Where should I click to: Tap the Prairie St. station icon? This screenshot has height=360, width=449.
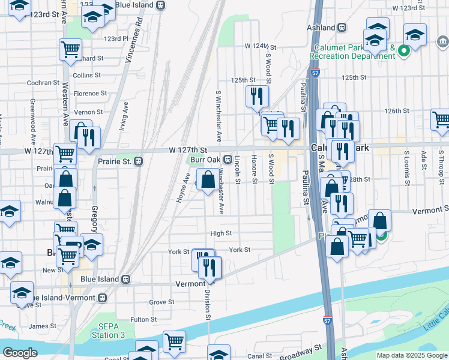tap(138, 161)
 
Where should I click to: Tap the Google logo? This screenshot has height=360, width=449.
tap(20, 352)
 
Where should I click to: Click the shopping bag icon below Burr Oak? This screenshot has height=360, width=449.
tap(208, 181)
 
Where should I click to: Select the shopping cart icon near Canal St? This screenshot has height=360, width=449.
tap(174, 341)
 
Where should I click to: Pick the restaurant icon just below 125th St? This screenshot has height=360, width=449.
tap(257, 97)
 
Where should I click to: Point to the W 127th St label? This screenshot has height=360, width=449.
tap(187, 150)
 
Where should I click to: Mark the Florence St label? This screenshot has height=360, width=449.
tap(90, 94)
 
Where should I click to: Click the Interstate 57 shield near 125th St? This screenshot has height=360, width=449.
tap(315, 73)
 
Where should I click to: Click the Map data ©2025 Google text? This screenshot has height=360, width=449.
tap(411, 355)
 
